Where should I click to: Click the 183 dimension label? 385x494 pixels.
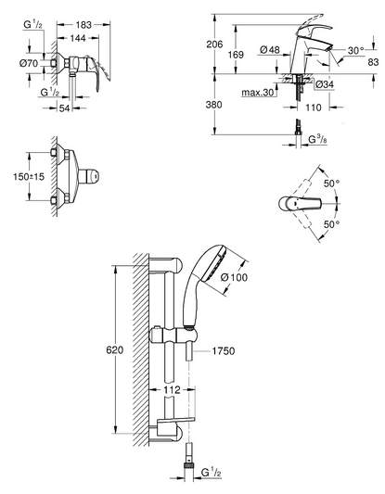[83, 25]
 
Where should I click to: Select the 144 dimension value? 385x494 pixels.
[78, 38]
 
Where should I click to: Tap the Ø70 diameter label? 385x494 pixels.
[29, 63]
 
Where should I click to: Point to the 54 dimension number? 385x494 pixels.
[65, 108]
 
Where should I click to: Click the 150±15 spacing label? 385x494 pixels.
[29, 177]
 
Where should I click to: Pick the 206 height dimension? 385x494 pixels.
[214, 44]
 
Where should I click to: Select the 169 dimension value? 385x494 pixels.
[236, 55]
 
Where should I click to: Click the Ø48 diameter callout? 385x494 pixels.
[270, 50]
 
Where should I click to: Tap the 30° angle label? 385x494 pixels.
[356, 50]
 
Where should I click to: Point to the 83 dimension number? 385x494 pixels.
[373, 62]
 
